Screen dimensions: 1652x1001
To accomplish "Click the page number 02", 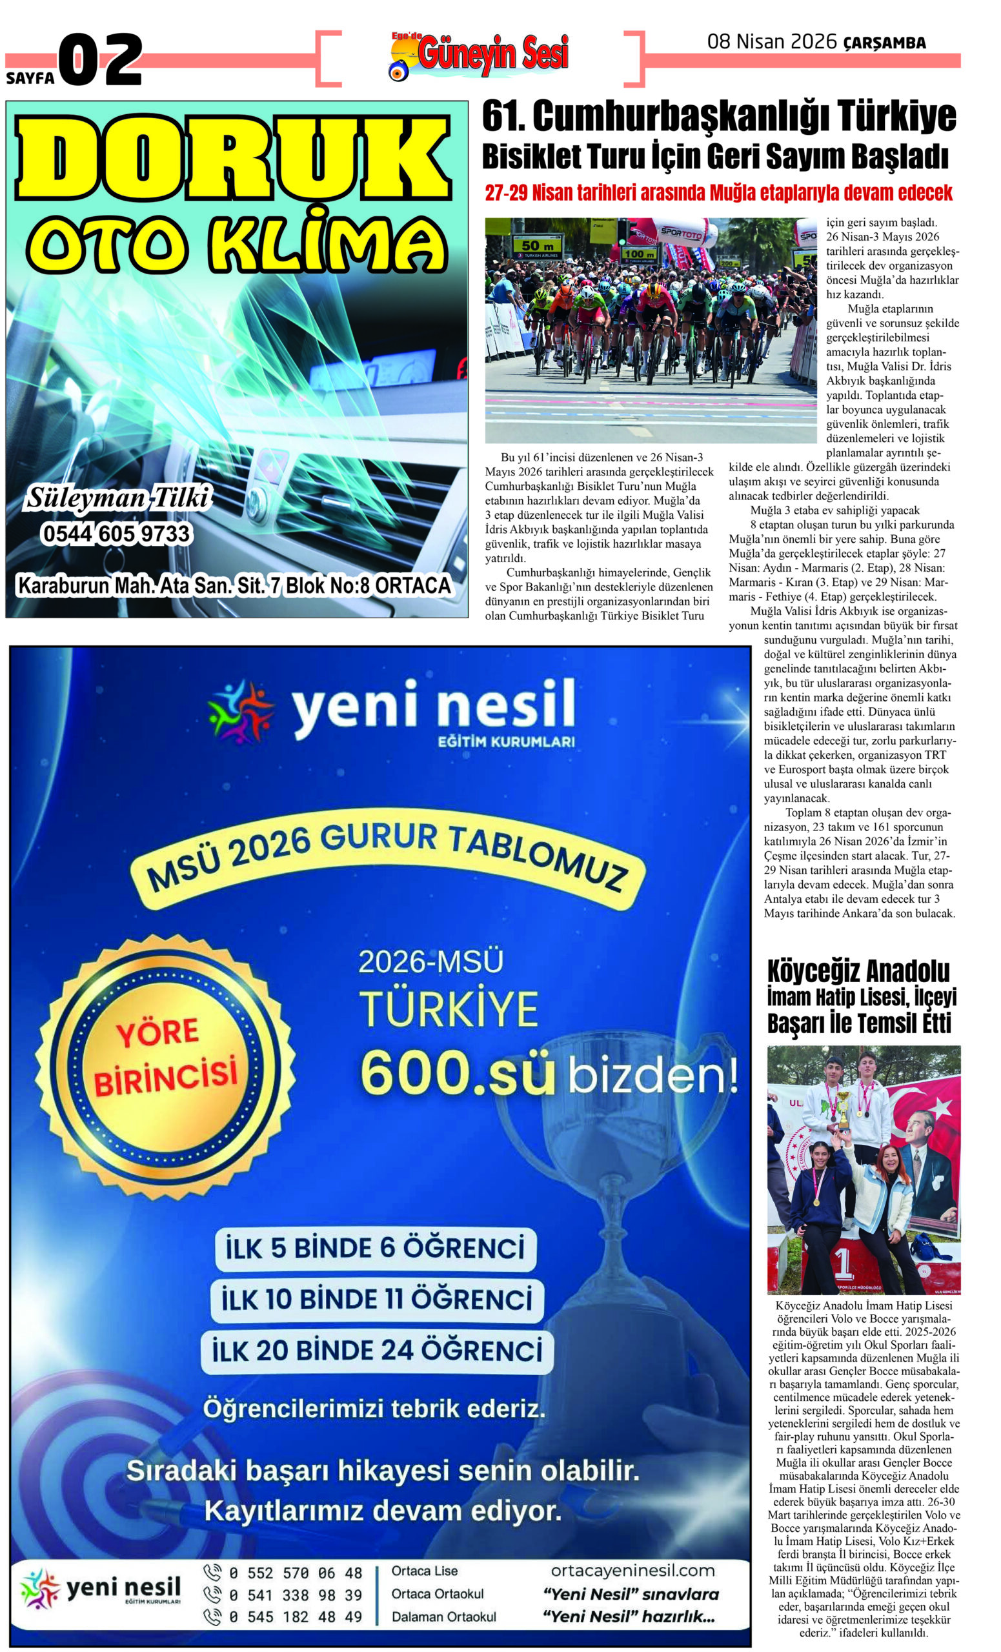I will point(101,61).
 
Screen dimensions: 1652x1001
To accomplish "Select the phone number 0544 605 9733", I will point(116,534).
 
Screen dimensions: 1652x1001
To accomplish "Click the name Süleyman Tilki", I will point(117,499).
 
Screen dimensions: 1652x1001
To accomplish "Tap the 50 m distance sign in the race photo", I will point(536,246).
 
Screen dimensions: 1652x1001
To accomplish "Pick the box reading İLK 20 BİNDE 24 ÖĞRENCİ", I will point(377,1351).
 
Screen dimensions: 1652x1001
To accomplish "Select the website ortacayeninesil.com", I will point(632,1571).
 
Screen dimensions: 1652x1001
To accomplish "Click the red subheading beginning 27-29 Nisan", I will point(718,193).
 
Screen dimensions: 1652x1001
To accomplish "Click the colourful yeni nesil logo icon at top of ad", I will point(241,712).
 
